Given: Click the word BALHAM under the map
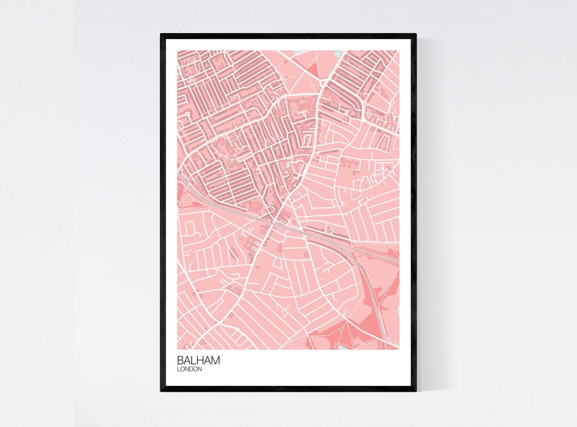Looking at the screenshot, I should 198,360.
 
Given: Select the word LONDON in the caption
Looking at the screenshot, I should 189,369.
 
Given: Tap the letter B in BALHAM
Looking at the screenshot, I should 180,360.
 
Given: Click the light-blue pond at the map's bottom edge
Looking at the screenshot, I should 343,347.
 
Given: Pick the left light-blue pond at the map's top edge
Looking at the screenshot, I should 299,52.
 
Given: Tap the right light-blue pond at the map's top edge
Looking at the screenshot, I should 338,53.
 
